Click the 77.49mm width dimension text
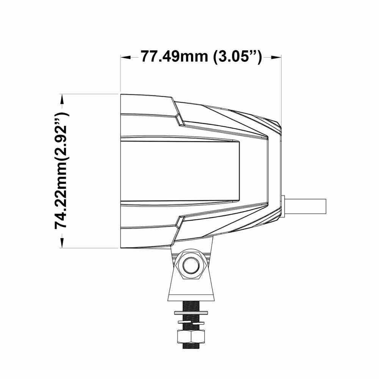tap(174, 56)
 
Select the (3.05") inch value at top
tap(238, 57)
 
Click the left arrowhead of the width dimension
tap(126, 57)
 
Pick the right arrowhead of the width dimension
tap(276, 57)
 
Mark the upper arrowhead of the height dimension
tap(62, 99)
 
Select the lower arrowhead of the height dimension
tap(62, 243)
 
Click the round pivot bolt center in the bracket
tap(191, 266)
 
